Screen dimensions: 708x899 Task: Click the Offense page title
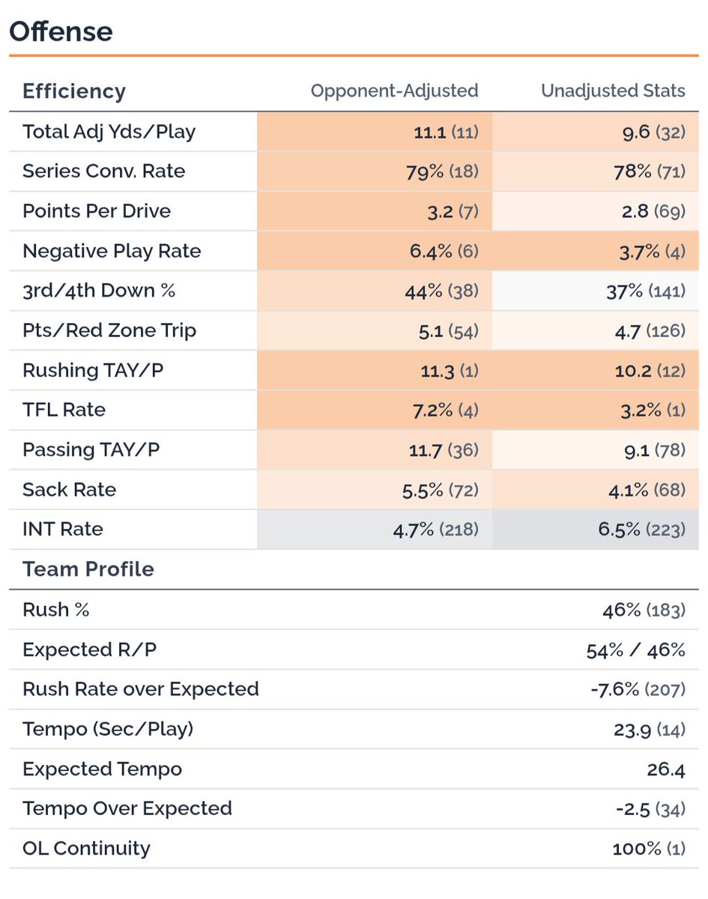tap(61, 31)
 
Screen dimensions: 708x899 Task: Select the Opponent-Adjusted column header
tap(395, 91)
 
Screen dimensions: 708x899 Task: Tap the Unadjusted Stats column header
tap(613, 91)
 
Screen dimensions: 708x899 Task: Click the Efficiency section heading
tap(74, 91)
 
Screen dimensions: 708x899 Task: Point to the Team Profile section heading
tap(88, 569)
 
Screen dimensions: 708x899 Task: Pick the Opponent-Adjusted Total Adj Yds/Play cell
tap(375, 132)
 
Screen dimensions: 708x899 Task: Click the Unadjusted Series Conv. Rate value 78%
tap(632, 172)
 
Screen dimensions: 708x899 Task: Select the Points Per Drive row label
tap(97, 211)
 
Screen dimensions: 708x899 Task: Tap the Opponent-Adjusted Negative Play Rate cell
tap(375, 251)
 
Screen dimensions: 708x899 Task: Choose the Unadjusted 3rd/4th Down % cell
tap(596, 291)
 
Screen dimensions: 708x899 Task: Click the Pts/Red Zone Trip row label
tap(109, 330)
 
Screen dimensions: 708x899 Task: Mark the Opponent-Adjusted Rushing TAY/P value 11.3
tap(438, 371)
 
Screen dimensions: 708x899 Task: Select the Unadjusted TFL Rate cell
tap(596, 410)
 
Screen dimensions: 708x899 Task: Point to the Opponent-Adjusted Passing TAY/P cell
tap(375, 450)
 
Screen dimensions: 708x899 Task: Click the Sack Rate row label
tap(70, 490)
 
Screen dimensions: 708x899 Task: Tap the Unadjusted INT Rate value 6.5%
tap(619, 530)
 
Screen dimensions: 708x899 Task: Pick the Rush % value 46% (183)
tap(644, 611)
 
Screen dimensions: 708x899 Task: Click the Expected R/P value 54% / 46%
tap(635, 650)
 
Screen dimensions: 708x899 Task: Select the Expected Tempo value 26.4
tap(666, 769)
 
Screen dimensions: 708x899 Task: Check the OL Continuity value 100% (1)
tap(649, 849)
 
